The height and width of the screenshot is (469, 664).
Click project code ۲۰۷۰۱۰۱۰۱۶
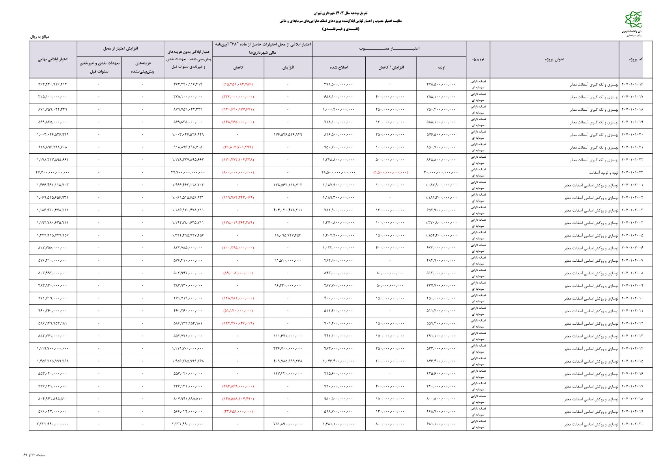click(632, 84)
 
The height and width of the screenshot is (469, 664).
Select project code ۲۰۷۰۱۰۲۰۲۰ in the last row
click(632, 424)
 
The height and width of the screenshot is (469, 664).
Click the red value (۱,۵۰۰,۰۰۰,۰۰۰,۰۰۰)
click(391, 173)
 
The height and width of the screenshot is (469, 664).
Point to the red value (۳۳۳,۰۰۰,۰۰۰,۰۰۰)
click(238, 97)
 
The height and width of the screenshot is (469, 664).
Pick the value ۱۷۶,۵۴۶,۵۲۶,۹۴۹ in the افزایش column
click(288, 135)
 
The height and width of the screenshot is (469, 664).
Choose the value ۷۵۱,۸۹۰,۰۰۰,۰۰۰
click(288, 424)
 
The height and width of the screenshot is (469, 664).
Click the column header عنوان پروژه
click(554, 60)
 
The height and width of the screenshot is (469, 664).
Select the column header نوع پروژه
click(478, 60)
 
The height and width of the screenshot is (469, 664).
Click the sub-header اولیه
click(441, 67)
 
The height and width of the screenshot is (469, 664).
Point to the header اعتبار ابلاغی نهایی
click(53, 60)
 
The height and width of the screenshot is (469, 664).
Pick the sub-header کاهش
click(238, 67)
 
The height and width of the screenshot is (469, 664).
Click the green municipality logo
click(633, 20)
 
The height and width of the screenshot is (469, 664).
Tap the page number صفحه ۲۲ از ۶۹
click(34, 455)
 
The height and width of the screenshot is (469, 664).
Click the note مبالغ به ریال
click(39, 37)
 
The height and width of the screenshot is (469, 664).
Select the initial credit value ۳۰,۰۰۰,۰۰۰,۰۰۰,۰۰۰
click(441, 173)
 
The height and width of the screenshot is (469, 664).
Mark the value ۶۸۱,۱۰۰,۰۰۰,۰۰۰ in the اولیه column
click(441, 424)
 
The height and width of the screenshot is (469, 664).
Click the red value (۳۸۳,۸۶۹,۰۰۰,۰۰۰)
click(238, 387)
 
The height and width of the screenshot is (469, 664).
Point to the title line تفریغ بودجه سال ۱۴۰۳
click(331, 13)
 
